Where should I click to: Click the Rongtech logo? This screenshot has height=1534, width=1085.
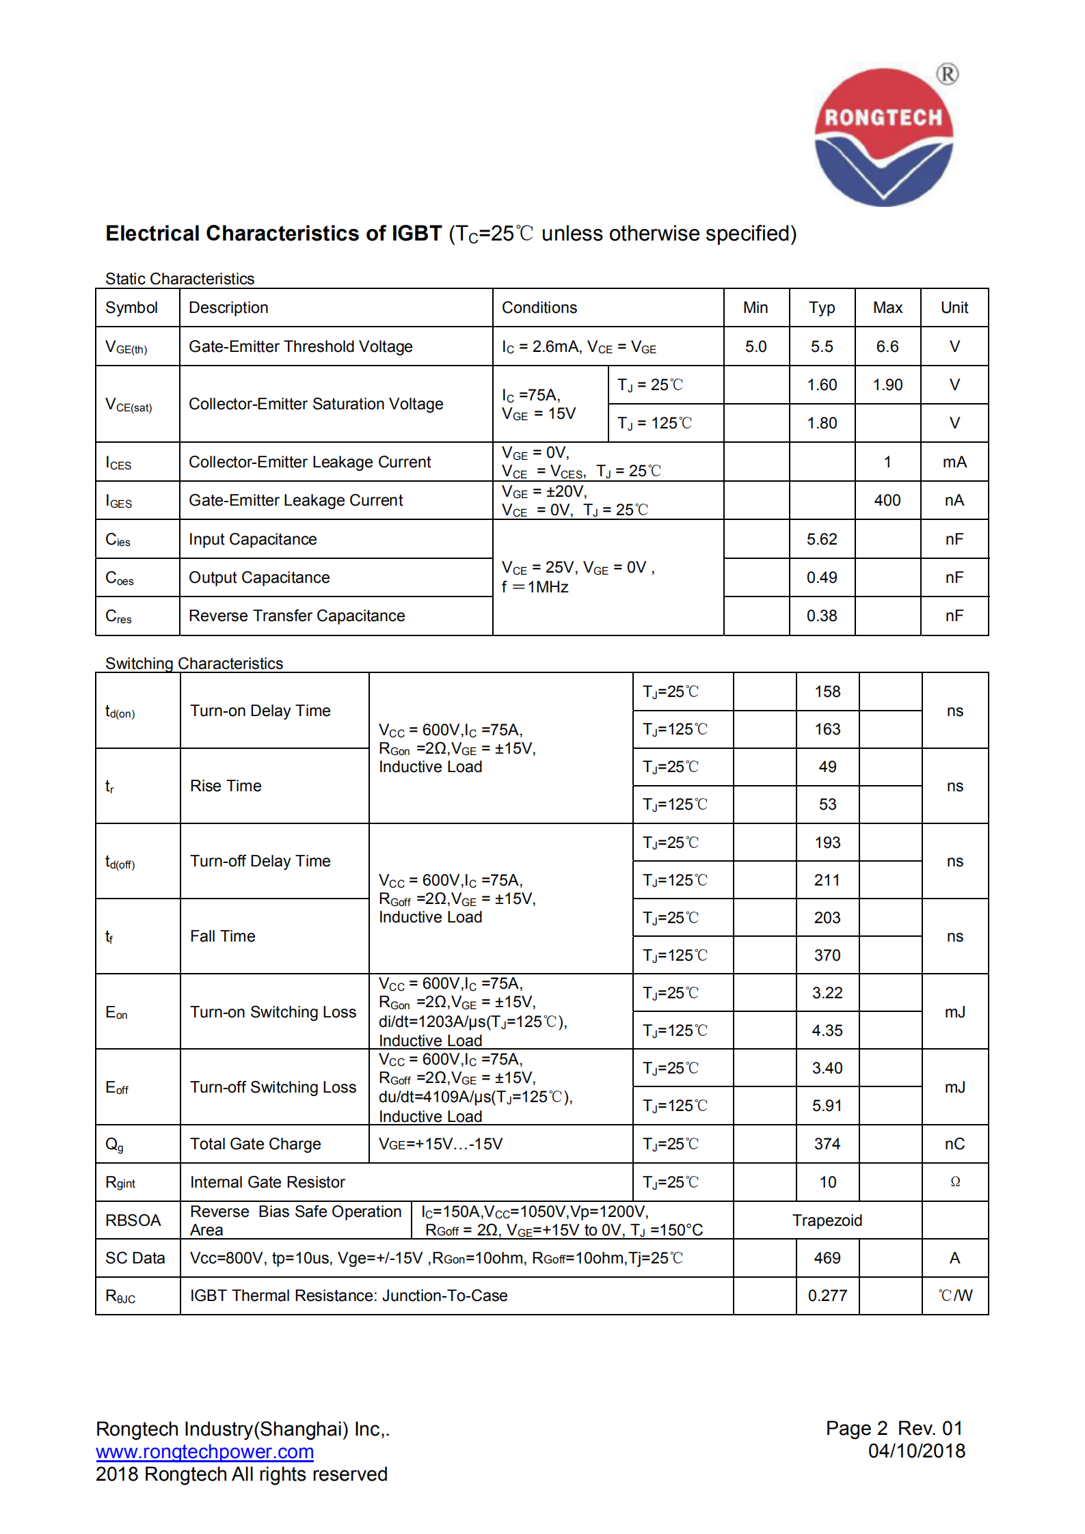(x=884, y=137)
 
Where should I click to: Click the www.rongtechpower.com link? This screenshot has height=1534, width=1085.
(x=204, y=1451)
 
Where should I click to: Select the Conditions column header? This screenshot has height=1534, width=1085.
(x=539, y=307)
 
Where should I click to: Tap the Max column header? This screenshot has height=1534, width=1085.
(x=887, y=307)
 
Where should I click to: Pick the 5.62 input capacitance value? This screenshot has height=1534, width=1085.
(x=822, y=539)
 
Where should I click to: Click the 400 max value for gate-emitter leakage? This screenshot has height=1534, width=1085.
(x=887, y=500)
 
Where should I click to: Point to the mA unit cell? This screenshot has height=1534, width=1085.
(x=954, y=462)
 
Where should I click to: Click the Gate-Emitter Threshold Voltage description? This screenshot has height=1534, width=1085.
(x=301, y=346)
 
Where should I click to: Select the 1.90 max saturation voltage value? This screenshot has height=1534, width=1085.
(x=887, y=385)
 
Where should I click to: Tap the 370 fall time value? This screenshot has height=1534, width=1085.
(x=827, y=955)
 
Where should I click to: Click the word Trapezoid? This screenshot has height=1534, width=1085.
(x=827, y=1220)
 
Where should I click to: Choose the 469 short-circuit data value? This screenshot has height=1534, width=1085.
(x=827, y=1258)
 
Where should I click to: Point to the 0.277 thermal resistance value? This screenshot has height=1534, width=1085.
(x=827, y=1296)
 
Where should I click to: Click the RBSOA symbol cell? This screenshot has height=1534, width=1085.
(x=133, y=1220)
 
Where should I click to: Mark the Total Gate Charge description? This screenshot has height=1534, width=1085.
(x=256, y=1144)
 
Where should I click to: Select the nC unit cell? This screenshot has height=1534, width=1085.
(x=954, y=1144)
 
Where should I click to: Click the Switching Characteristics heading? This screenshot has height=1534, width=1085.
(x=194, y=663)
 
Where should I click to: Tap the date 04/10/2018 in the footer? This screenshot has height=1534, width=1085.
(x=916, y=1451)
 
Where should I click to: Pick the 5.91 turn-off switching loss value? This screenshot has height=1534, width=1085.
(x=827, y=1106)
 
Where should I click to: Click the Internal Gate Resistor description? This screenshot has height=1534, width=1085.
(x=267, y=1182)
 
